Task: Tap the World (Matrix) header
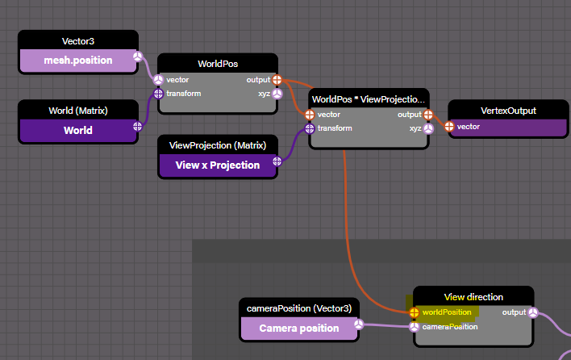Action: coord(78,111)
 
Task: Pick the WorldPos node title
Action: coord(218,63)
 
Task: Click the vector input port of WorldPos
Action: coord(158,80)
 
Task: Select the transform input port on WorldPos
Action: coord(158,94)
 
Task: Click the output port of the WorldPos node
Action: coord(277,80)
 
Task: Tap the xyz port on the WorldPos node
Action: coord(277,94)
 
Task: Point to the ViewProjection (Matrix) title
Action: coord(219,145)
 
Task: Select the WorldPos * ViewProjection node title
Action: coord(369,98)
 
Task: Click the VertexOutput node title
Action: coord(508,111)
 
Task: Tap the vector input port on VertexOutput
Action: coord(449,127)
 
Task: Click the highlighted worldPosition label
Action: coord(447,312)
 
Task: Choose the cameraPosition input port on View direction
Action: coord(414,327)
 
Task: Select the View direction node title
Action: coord(473,296)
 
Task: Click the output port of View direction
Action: coord(533,312)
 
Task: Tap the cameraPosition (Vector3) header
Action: coord(299,308)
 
